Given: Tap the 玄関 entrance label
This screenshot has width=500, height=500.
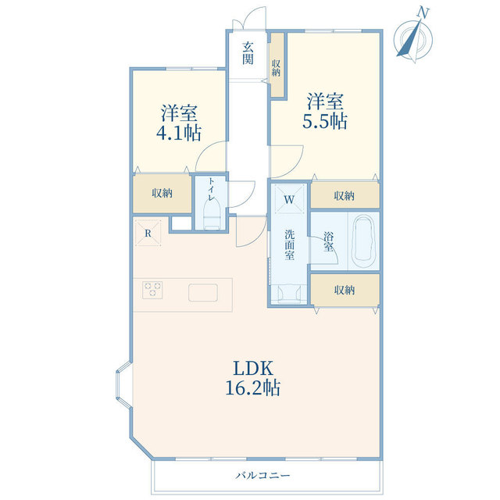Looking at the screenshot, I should pyautogui.click(x=248, y=52).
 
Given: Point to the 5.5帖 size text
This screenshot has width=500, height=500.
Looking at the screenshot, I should pyautogui.click(x=327, y=121).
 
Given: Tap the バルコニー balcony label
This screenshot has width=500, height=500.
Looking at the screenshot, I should pyautogui.click(x=263, y=475).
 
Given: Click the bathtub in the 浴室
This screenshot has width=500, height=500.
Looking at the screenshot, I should pyautogui.click(x=364, y=241).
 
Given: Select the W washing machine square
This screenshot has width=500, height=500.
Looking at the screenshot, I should pyautogui.click(x=289, y=199).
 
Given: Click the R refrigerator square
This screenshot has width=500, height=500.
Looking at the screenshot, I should pyautogui.click(x=147, y=232).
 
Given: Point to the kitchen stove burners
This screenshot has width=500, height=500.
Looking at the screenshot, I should pyautogui.click(x=153, y=290).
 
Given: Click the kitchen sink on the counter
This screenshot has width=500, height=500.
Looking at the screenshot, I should pyautogui.click(x=204, y=293).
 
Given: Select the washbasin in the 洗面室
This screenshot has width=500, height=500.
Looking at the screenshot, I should pyautogui.click(x=289, y=291).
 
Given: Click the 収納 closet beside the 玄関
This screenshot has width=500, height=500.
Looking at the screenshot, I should pyautogui.click(x=277, y=66).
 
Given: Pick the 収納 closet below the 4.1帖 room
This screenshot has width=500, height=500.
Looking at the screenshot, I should pyautogui.click(x=162, y=193).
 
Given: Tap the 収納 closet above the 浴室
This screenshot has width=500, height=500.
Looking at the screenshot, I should pyautogui.click(x=345, y=195).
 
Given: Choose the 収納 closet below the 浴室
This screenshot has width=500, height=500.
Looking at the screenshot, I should pyautogui.click(x=345, y=290).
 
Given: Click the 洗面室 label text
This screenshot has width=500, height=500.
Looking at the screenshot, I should pyautogui.click(x=289, y=244).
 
